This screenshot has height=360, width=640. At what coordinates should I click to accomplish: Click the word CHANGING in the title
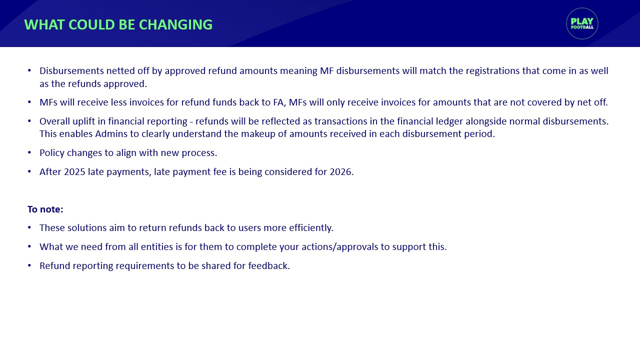pos(175,24)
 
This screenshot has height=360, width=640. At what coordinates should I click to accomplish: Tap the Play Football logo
pos(582,23)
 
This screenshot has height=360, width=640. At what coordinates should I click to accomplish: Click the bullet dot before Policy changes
pos(29,152)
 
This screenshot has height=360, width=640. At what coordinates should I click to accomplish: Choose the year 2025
pos(74,171)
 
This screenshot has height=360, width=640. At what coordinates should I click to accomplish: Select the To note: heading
pos(45,209)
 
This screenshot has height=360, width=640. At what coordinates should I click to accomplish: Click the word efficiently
pos(311,228)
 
